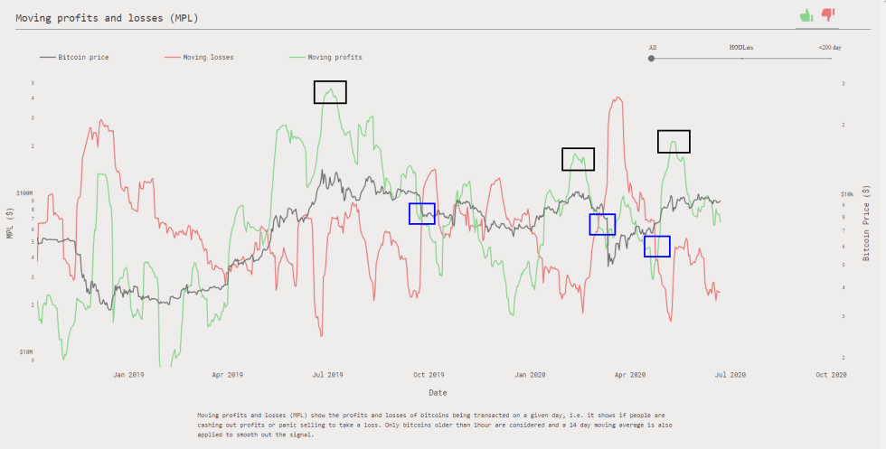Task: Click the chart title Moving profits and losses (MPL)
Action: (108, 17)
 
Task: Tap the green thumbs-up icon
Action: (806, 14)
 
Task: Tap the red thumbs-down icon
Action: (827, 14)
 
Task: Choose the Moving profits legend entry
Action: (335, 57)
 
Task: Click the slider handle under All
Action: (652, 58)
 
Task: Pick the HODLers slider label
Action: (741, 47)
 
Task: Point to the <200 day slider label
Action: (829, 47)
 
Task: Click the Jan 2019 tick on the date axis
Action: (129, 374)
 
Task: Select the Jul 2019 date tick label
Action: (327, 374)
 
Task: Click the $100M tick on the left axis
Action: (24, 193)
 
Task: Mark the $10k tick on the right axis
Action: (848, 193)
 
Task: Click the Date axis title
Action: (438, 392)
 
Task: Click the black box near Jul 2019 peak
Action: (330, 91)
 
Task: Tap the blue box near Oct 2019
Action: (421, 213)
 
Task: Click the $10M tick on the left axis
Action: (25, 351)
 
